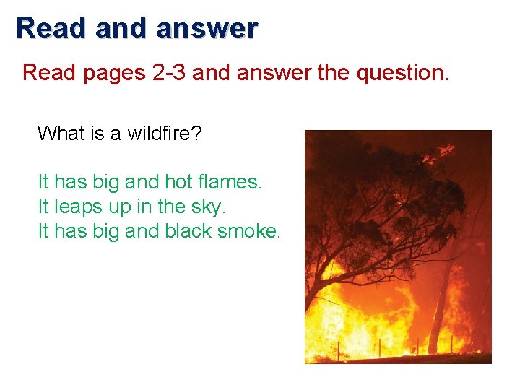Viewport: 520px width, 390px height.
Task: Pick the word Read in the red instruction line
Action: (x=50, y=73)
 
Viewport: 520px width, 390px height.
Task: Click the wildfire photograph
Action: (x=398, y=246)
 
